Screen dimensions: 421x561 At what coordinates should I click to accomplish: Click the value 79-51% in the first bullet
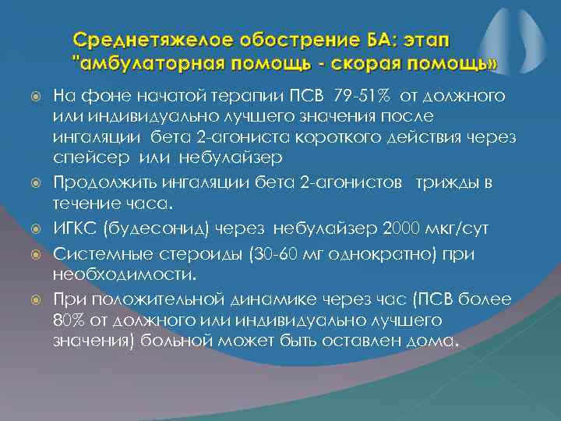pyautogui.click(x=359, y=96)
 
